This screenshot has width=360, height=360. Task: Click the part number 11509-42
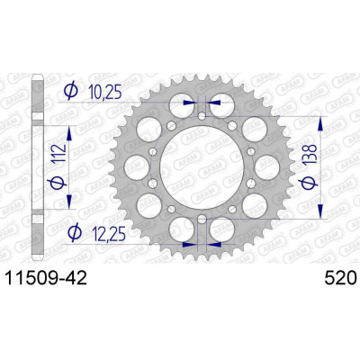(47, 278)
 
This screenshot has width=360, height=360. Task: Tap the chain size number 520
(339, 278)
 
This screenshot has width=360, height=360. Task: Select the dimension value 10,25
(105, 93)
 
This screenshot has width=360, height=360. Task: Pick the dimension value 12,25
(109, 234)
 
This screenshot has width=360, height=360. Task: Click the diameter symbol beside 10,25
(71, 91)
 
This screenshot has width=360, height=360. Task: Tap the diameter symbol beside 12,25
(75, 232)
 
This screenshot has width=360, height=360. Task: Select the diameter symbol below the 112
(58, 182)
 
